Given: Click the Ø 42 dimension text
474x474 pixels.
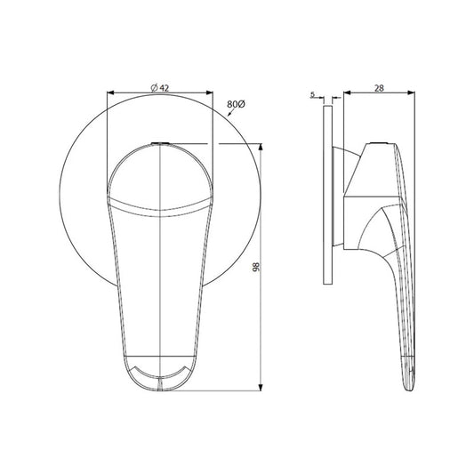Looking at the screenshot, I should click(160, 85).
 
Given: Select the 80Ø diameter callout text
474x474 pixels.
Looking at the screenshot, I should click(235, 104).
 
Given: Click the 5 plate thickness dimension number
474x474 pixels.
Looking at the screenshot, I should click(314, 92).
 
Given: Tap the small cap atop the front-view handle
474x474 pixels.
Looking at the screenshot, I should click(159, 142).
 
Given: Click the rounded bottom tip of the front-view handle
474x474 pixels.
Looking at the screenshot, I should click(160, 389).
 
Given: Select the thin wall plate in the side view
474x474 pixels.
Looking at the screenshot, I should click(328, 191).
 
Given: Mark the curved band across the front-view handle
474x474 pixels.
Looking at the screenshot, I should click(159, 210).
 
